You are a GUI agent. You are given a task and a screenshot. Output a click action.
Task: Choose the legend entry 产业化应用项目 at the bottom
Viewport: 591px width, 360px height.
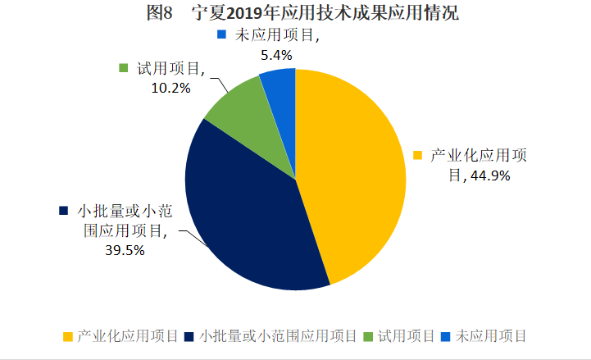click(127, 335)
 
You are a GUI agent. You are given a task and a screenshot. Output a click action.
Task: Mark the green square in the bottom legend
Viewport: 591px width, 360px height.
click(367, 336)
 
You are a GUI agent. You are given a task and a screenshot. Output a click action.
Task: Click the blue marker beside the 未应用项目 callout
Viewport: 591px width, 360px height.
click(221, 35)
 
